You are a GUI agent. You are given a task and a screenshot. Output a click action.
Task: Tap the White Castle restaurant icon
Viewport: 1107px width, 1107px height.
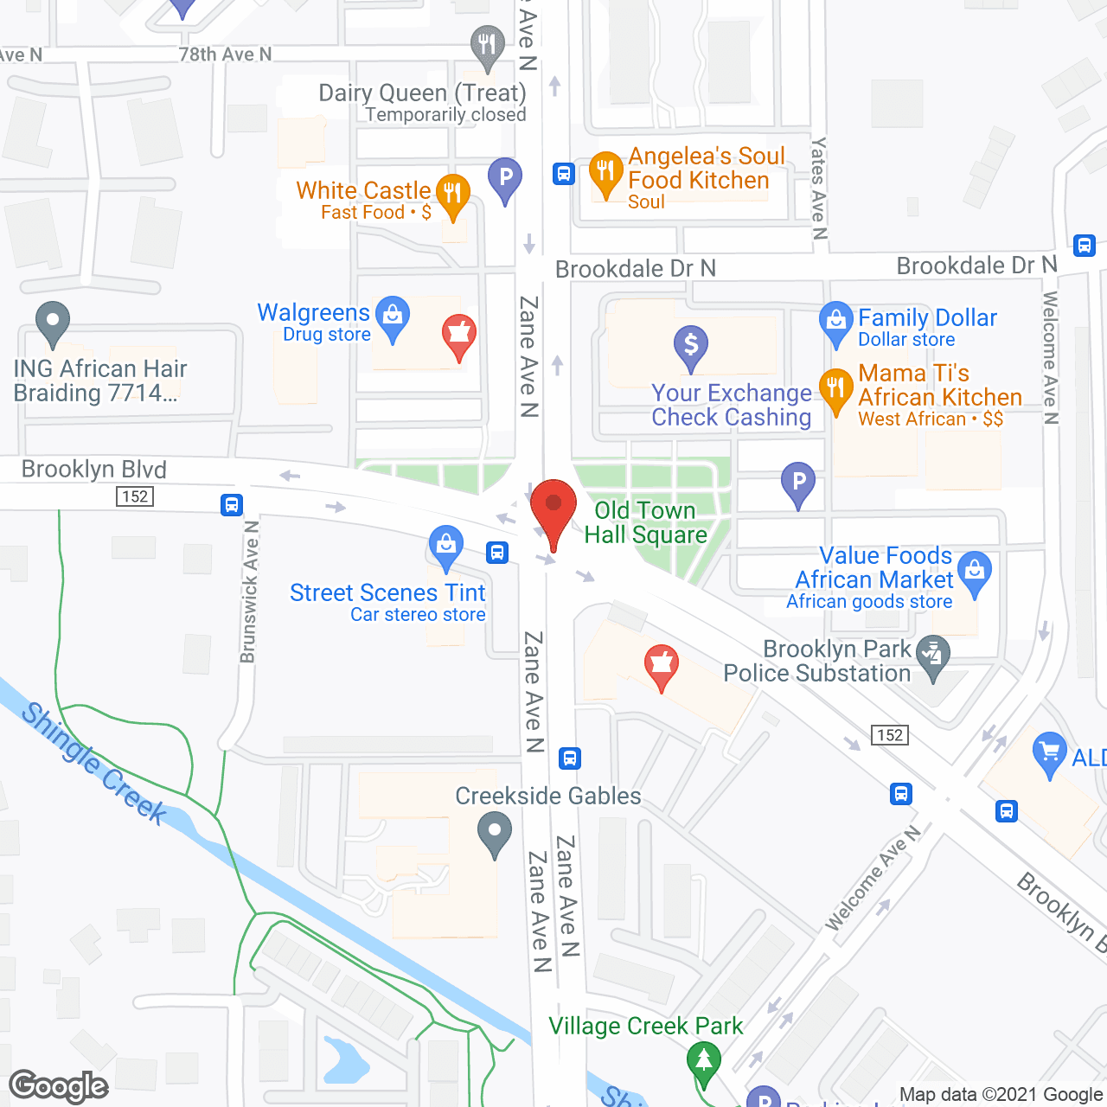[452, 194]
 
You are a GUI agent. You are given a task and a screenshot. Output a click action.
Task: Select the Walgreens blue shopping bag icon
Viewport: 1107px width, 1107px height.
[393, 317]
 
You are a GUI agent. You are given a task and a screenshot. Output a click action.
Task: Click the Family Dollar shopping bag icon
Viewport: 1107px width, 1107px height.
[835, 321]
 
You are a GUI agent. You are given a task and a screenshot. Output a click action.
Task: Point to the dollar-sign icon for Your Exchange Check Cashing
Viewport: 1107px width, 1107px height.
[690, 345]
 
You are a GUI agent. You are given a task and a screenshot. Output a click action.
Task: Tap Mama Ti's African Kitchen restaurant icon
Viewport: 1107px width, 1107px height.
[835, 388]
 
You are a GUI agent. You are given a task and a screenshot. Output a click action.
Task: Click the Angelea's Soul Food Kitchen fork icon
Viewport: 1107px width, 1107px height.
[605, 171]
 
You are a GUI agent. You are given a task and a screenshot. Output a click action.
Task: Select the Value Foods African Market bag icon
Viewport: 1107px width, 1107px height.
[975, 571]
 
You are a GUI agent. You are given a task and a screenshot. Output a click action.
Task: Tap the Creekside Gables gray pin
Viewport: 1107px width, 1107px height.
[494, 835]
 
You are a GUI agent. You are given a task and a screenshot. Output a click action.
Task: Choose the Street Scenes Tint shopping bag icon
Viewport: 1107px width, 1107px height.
[446, 546]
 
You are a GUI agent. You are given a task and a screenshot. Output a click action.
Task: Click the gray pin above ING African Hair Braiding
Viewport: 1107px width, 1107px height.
[53, 321]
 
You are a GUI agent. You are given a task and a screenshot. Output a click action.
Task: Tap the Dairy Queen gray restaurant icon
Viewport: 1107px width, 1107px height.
[487, 45]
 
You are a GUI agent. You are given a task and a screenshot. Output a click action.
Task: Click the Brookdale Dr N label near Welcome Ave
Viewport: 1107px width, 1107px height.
[976, 266]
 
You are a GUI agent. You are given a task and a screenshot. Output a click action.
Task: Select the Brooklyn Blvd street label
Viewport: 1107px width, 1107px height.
[93, 470]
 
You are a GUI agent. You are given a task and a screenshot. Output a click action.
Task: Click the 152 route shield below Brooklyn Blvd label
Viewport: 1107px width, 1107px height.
[135, 496]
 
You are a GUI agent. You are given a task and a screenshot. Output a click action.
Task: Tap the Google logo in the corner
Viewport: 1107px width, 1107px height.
[59, 1086]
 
